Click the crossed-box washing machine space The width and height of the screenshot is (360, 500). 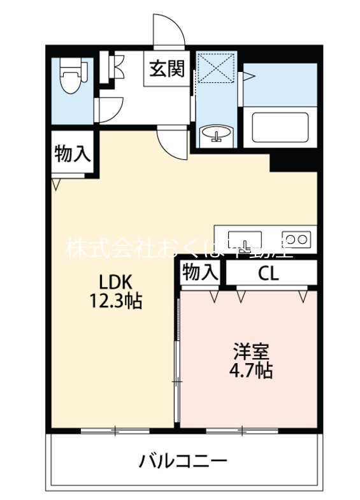(x=217, y=70)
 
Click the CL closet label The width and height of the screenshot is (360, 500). (x=268, y=273)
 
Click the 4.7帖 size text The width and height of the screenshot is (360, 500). (x=250, y=371)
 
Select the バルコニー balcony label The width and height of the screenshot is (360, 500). (x=183, y=461)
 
